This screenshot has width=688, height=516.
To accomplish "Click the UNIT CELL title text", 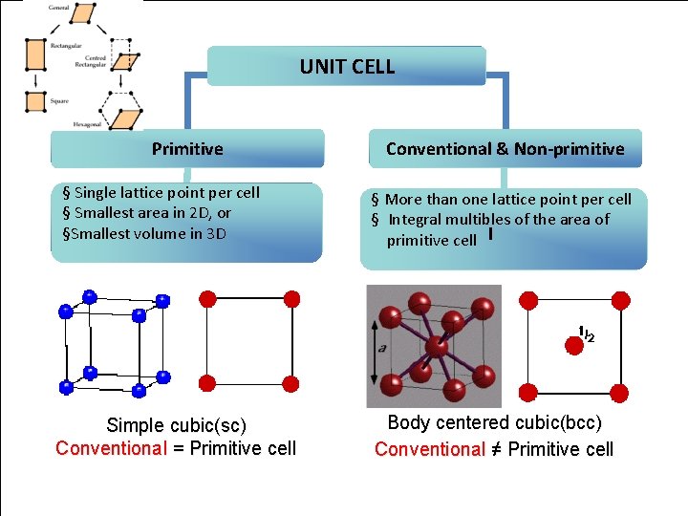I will click(x=347, y=66).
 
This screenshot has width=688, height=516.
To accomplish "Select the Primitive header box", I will click(x=187, y=149).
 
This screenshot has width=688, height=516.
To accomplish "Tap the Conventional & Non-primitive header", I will click(x=505, y=149).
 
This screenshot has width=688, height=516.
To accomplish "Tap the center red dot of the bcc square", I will click(x=574, y=347).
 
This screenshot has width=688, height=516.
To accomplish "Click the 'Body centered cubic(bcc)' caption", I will click(x=494, y=423).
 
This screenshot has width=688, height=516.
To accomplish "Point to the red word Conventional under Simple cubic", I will click(x=111, y=449).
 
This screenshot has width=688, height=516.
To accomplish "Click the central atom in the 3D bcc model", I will click(x=435, y=345).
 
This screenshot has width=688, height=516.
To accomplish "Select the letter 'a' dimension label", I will click(x=382, y=348).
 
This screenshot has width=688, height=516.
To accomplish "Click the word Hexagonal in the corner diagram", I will click(x=89, y=124).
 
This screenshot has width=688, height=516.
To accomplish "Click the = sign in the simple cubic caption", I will click(x=178, y=449).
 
